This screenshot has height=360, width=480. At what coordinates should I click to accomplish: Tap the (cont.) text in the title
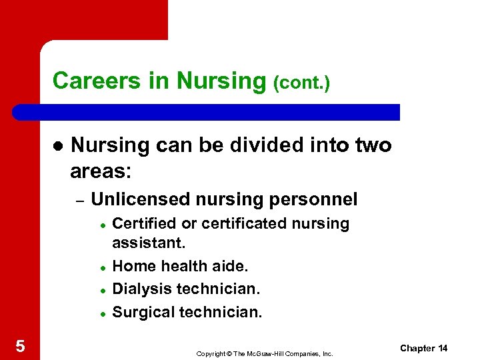[301, 83]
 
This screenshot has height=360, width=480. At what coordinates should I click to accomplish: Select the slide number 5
[20, 345]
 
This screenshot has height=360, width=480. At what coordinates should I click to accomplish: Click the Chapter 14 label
[423, 348]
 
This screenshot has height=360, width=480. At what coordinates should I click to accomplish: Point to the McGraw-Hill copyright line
[264, 353]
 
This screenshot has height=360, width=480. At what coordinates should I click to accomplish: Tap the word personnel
[316, 199]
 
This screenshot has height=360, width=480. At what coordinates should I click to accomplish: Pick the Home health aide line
[180, 266]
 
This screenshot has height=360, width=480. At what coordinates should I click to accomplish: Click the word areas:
[101, 171]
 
